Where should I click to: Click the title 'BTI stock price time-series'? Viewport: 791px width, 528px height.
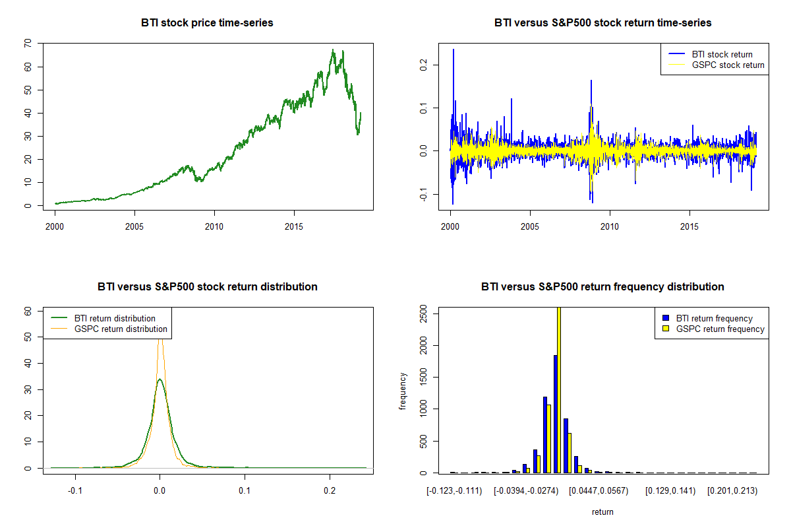[x=207, y=22]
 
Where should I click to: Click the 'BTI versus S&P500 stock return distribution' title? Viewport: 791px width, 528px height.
[x=207, y=286]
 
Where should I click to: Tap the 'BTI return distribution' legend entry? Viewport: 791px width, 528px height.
[x=115, y=318]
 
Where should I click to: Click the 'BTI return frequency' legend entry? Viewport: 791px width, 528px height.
[x=715, y=318]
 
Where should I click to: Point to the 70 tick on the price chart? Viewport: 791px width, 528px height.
[x=28, y=44]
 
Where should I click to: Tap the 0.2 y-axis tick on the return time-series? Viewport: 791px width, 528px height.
[x=423, y=65]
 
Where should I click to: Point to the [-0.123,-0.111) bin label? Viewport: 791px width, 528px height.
[x=455, y=491]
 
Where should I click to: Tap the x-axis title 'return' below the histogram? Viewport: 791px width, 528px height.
[x=602, y=511]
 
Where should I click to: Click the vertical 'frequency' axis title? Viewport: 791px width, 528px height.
[x=403, y=391]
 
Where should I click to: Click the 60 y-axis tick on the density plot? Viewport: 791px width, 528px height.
[x=28, y=310]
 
